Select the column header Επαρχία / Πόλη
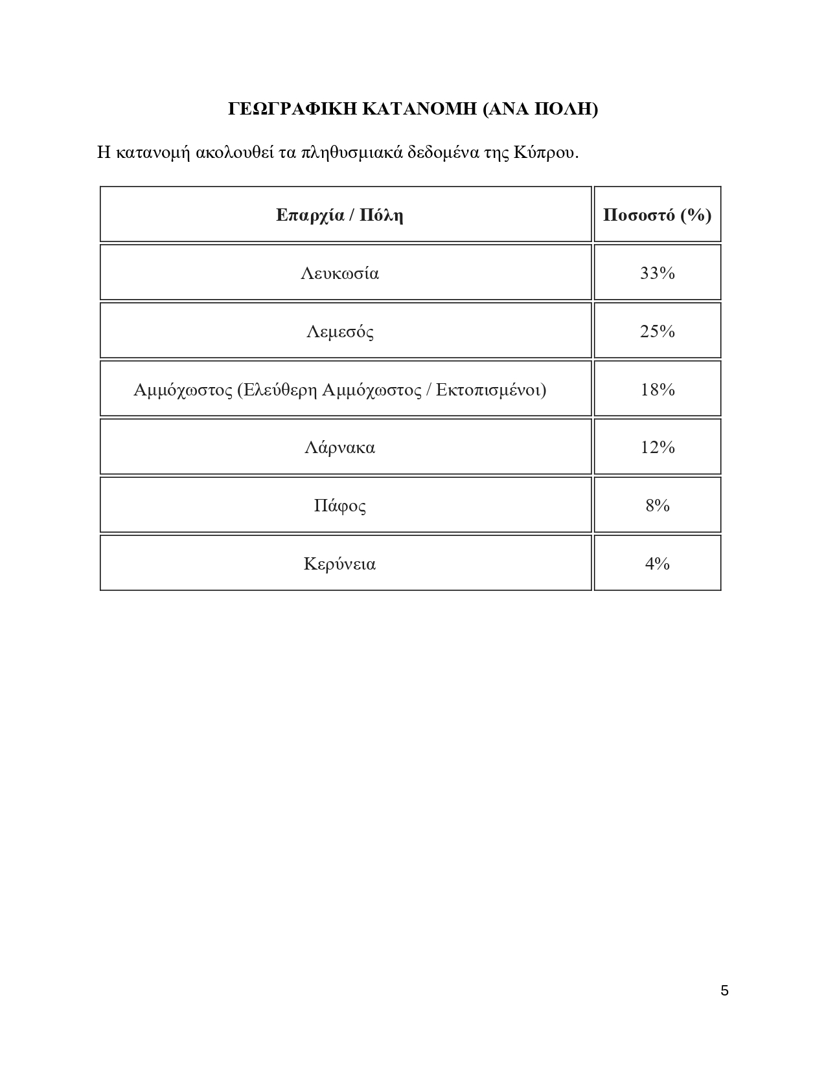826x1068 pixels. click(339, 215)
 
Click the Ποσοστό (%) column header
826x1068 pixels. click(657, 215)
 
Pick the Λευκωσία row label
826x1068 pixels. click(339, 273)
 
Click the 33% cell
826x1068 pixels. click(657, 273)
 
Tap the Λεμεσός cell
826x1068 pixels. click(339, 331)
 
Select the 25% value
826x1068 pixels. click(657, 331)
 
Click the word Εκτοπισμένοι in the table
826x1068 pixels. click(490, 390)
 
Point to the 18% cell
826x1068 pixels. click(657, 390)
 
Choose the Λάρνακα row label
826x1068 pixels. click(339, 447)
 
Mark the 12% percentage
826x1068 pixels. click(657, 447)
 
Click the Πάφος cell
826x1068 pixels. click(339, 506)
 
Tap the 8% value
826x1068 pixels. click(657, 506)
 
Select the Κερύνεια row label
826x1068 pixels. click(339, 564)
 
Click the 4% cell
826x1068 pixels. click(657, 564)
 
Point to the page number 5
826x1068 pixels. click(724, 990)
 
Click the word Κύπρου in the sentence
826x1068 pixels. click(546, 153)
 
